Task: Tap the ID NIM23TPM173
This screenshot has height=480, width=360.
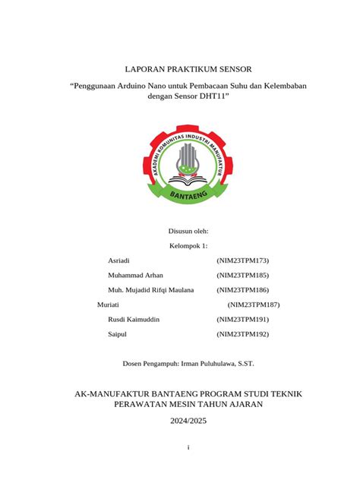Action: click(x=243, y=261)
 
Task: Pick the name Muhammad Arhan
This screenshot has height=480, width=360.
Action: click(x=141, y=275)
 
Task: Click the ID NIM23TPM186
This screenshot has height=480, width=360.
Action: click(x=243, y=290)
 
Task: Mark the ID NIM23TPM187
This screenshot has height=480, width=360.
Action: click(x=254, y=305)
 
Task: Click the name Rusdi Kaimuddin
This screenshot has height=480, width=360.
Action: click(x=140, y=320)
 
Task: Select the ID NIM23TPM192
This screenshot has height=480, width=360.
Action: click(x=243, y=334)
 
